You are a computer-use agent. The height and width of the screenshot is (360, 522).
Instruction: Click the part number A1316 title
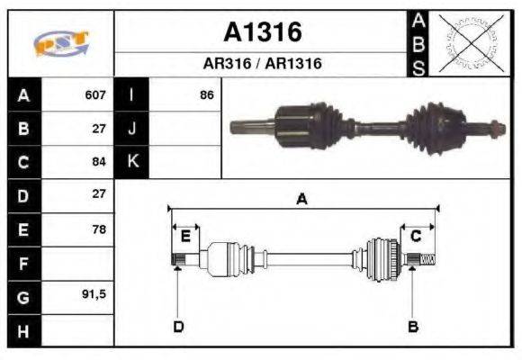click(x=262, y=32)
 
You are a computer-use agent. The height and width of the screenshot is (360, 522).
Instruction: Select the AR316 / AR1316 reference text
click(x=262, y=64)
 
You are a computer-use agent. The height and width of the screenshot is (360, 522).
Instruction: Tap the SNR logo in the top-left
click(x=61, y=44)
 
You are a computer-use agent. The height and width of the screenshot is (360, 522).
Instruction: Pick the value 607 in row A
click(x=94, y=94)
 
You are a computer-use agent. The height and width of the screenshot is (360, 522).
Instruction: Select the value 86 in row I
click(x=206, y=94)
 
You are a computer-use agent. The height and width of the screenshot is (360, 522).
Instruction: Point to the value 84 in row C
click(x=98, y=162)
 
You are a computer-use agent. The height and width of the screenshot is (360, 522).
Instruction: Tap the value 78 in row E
click(x=98, y=229)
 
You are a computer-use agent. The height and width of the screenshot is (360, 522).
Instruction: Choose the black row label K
click(x=132, y=162)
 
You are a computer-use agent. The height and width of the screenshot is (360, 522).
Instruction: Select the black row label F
click(x=23, y=263)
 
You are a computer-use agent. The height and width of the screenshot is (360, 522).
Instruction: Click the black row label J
click(x=132, y=128)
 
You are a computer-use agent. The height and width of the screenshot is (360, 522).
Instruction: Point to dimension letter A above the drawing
click(x=302, y=199)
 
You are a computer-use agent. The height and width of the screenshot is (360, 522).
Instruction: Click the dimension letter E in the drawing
click(x=184, y=237)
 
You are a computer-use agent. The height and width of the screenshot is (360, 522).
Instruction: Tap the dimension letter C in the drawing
click(x=416, y=237)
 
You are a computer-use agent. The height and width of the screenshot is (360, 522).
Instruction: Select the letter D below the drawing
click(x=178, y=326)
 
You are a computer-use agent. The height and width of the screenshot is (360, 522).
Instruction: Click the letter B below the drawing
click(x=413, y=326)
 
